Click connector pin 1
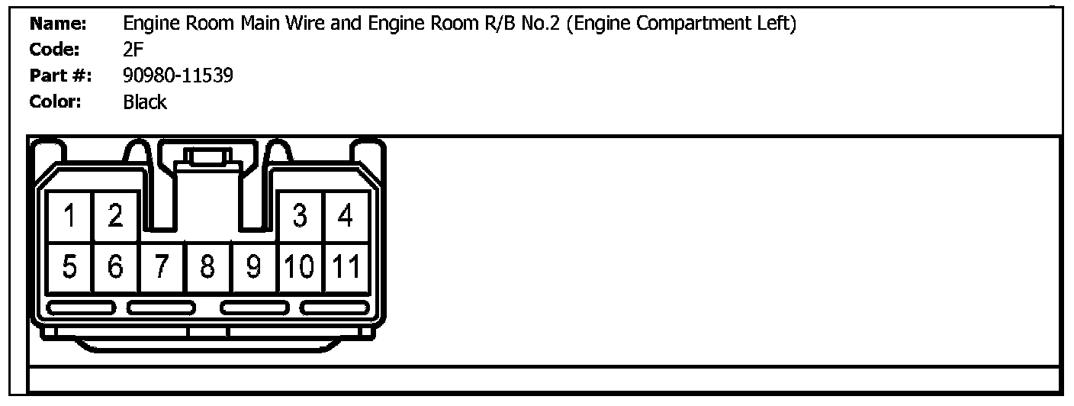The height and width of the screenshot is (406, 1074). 70,217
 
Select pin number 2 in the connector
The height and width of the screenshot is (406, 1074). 116,217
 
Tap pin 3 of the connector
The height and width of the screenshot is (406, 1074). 301,217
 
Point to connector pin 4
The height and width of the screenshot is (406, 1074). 346,217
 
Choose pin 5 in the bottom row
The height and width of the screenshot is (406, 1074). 70,267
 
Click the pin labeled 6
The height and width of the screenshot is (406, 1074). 116,267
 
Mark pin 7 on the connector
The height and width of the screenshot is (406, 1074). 162,267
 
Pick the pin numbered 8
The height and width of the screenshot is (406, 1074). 207,267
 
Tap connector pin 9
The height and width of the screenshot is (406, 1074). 254,267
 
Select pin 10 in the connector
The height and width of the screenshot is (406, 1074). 301,267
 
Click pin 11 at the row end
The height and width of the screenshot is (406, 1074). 346,267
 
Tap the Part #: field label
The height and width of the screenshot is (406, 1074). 59,76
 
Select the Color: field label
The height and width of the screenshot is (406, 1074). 55,101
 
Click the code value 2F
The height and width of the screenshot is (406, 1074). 133,50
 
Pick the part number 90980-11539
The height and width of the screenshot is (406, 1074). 178,76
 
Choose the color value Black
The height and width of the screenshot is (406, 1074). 144,101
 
